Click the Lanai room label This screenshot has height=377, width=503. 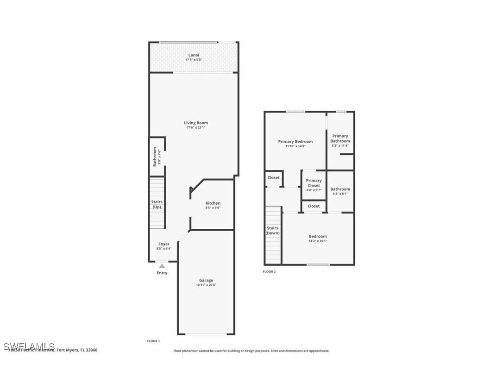pyautogui.click(x=194, y=55)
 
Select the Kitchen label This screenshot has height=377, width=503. pyautogui.click(x=213, y=203)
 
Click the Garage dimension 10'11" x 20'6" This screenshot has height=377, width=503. pyautogui.click(x=206, y=285)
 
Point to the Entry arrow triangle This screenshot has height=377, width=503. pyautogui.click(x=162, y=266)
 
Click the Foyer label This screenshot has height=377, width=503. pyautogui.click(x=164, y=244)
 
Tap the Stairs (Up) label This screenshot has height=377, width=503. pyautogui.click(x=157, y=204)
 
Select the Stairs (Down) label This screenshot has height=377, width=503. pyautogui.click(x=272, y=230)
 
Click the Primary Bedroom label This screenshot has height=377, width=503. pyautogui.click(x=295, y=142)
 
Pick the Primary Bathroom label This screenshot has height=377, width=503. pyautogui.click(x=340, y=138)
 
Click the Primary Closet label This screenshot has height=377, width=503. pyautogui.click(x=314, y=183)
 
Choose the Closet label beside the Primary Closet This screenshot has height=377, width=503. pyautogui.click(x=273, y=177)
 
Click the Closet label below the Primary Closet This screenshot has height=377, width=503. pyautogui.click(x=314, y=206)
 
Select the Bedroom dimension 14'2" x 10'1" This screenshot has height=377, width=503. pyautogui.click(x=318, y=241)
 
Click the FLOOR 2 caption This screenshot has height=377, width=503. pyautogui.click(x=269, y=272)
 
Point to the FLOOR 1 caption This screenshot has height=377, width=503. pyautogui.click(x=153, y=341)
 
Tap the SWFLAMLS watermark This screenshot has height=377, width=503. pyautogui.click(x=29, y=346)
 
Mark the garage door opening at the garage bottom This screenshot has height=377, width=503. pyautogui.click(x=206, y=334)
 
